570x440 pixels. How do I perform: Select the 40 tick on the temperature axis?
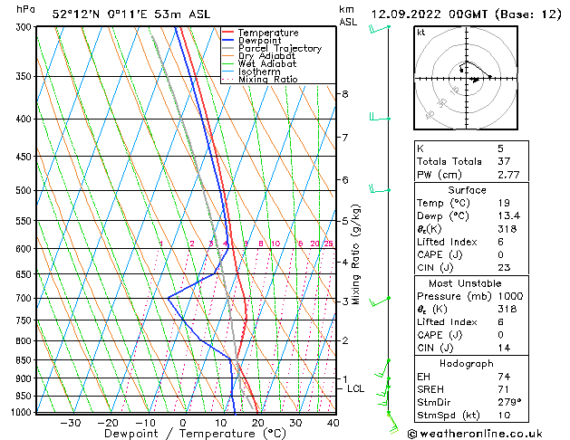(x=333, y=422)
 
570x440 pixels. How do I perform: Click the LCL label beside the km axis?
(x=356, y=388)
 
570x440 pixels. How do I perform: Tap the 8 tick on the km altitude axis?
(x=344, y=94)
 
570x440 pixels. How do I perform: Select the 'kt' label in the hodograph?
(x=421, y=33)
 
